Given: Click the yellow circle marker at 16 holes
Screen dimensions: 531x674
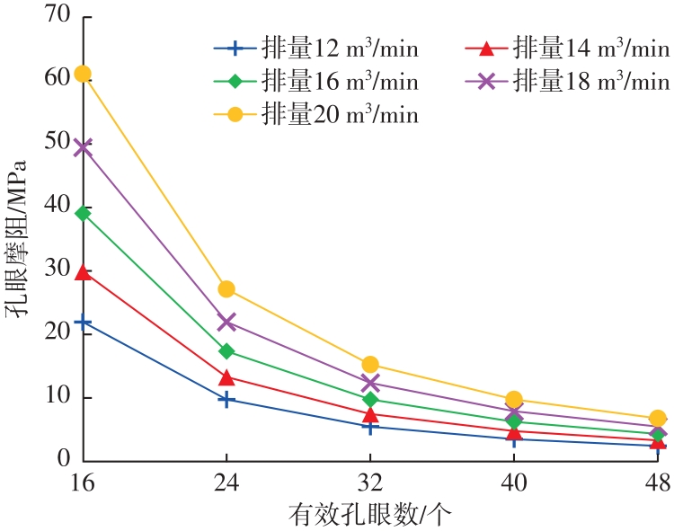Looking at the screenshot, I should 83,74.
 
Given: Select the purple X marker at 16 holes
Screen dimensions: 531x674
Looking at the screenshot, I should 83,147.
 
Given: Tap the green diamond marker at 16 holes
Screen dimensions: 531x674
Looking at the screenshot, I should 83,213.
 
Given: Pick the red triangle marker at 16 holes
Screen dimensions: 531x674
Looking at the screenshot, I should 83,272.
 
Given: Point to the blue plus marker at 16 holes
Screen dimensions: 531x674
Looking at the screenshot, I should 83,322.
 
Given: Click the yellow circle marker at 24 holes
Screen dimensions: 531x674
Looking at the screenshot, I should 226,289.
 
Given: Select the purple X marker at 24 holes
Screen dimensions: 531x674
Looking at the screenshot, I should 226,322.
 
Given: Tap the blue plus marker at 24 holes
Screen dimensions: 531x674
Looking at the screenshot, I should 226,399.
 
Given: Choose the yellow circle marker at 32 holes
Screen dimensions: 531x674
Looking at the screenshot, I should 370,365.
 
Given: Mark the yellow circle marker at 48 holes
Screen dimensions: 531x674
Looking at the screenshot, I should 658,419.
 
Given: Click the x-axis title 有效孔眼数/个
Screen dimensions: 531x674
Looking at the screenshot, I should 369,515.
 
